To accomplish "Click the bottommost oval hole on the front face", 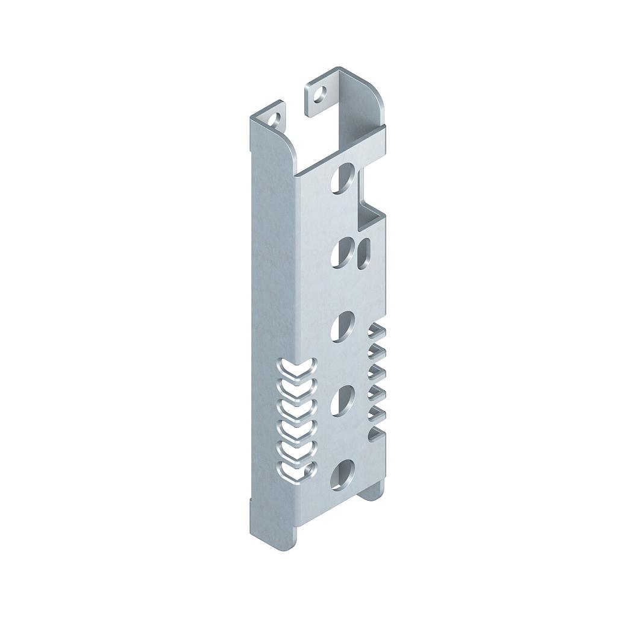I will (x=344, y=474).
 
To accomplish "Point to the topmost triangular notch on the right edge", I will (x=377, y=330).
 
